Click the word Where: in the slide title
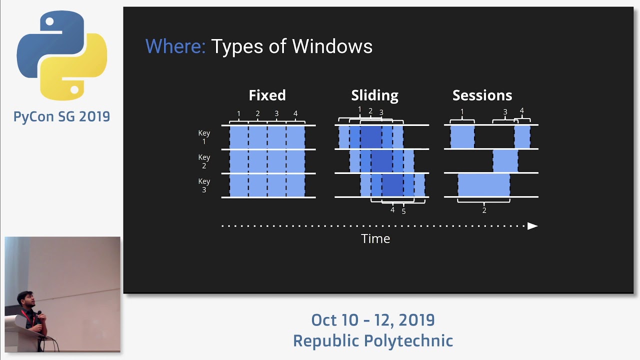coord(175,46)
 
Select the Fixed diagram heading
coord(267,95)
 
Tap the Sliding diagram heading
coord(374,95)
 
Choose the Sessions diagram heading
coord(482,95)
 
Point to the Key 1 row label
coord(204,137)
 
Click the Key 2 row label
coord(204,161)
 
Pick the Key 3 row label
coord(204,185)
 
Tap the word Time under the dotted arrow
coord(375,239)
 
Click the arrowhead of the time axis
coord(532,226)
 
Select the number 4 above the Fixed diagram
coord(295,114)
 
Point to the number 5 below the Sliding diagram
coord(403,211)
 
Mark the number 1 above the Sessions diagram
coord(462,112)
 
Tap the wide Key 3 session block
coord(483,185)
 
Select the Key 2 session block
coord(505,161)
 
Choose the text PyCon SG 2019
coord(61,117)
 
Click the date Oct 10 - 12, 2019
coord(372,320)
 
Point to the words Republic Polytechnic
coord(372,341)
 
